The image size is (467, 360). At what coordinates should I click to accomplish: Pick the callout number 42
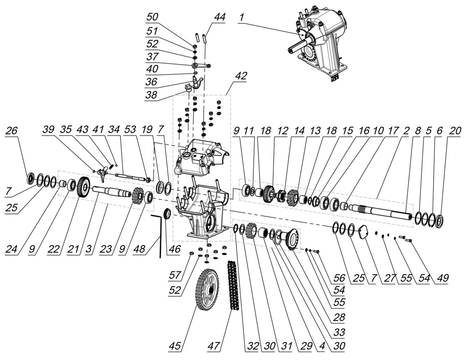pyautogui.click(x=241, y=76)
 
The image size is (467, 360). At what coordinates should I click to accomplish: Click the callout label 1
pyautogui.click(x=241, y=18)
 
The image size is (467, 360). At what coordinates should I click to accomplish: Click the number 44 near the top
pyautogui.click(x=219, y=18)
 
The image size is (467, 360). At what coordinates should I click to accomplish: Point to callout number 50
pyautogui.click(x=153, y=18)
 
